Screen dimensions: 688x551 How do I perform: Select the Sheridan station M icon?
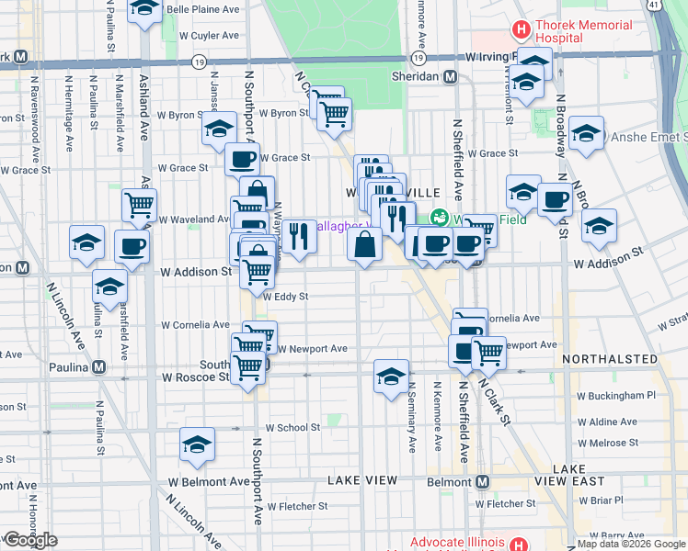click(451, 77)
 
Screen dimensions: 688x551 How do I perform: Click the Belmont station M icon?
click(481, 481)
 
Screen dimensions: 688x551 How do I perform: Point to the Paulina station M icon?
click(98, 367)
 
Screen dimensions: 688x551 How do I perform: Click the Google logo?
click(30, 540)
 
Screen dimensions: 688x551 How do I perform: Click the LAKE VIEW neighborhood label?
click(362, 480)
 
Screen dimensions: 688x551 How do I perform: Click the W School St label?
click(292, 427)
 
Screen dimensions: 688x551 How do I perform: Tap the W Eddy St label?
click(285, 297)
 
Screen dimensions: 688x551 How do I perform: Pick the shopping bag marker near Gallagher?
click(365, 244)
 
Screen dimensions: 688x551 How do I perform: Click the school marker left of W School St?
click(197, 444)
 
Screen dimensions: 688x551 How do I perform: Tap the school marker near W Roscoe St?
click(391, 376)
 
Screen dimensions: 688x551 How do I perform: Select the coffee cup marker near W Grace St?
click(243, 158)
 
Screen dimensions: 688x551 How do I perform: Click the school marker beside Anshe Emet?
click(586, 133)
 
